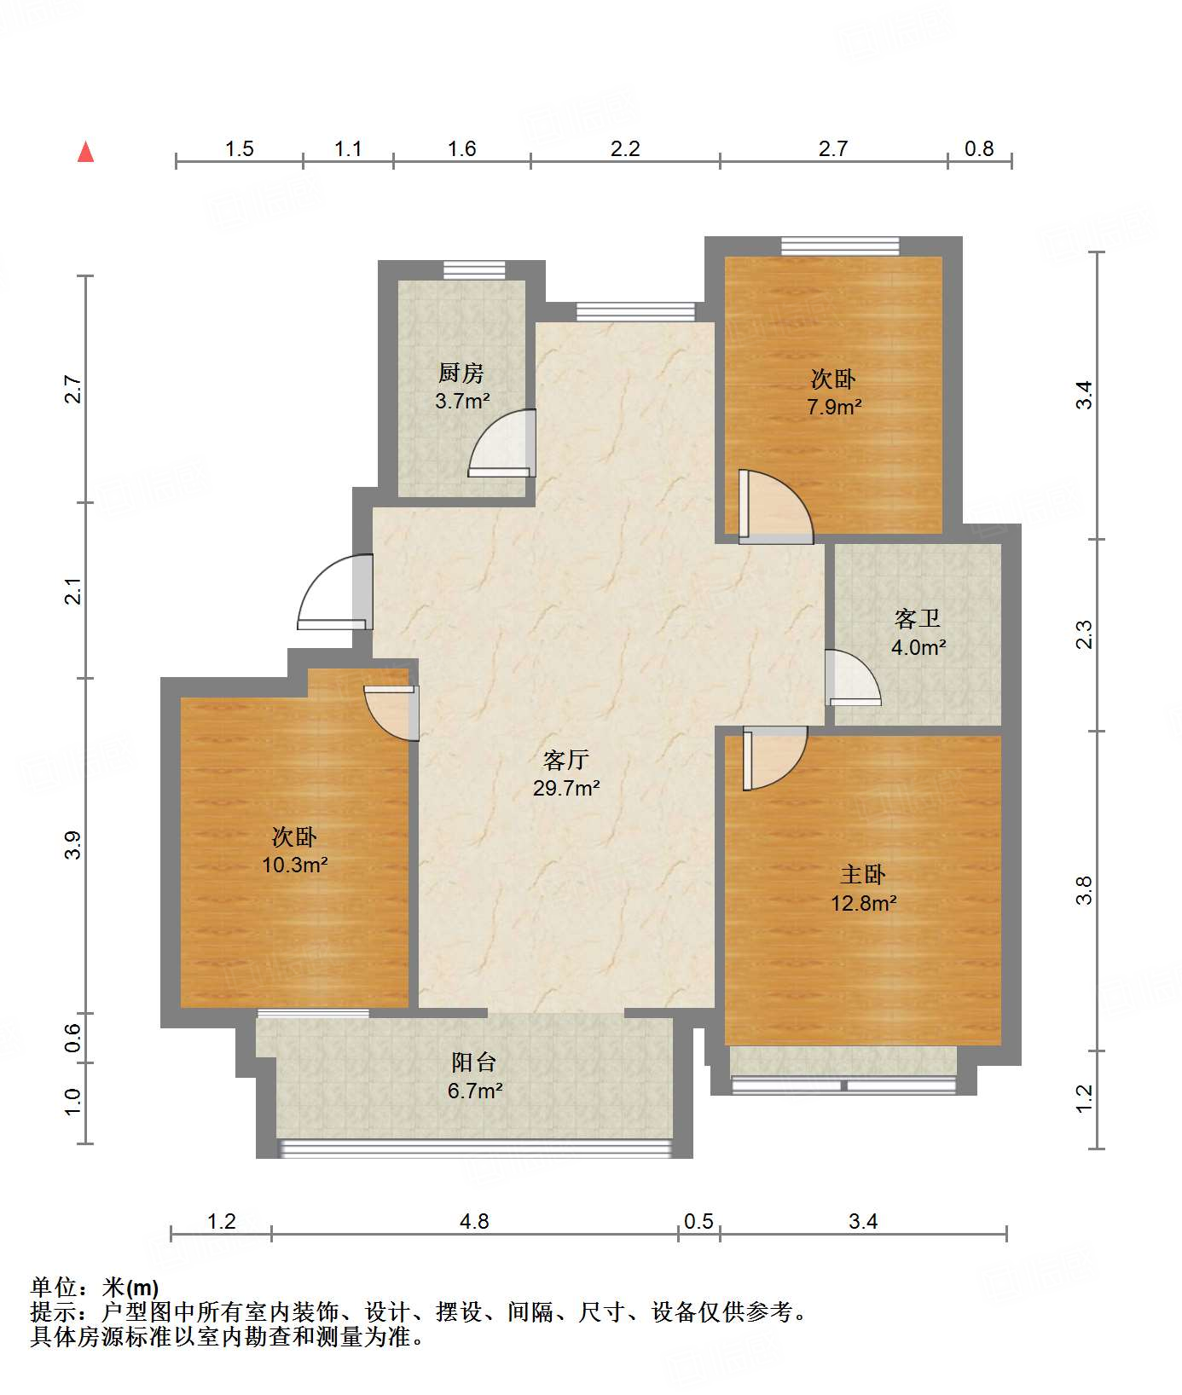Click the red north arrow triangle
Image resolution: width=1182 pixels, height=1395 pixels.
coord(85,152)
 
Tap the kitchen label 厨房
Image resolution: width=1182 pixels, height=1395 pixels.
coord(461,373)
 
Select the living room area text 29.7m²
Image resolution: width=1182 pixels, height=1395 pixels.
coord(566,788)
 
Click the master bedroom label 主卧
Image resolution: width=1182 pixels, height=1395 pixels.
coord(863,874)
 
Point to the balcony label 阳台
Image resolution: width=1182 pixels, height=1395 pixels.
coord(474,1062)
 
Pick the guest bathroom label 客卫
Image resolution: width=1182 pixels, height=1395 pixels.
coord(918,618)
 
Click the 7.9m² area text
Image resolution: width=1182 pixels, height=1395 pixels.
coord(834,407)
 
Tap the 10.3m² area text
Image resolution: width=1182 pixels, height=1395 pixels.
coord(295,865)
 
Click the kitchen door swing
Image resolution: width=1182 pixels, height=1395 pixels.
coord(502,443)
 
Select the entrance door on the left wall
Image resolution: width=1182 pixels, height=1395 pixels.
coord(335,592)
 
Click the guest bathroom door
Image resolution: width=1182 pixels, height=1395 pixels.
coord(853,678)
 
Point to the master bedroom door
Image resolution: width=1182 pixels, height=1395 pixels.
coord(775,758)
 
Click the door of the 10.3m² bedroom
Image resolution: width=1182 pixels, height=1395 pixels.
coord(391,713)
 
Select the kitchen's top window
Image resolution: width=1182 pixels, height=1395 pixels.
coord(473,269)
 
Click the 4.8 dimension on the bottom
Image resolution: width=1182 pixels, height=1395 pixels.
coord(474,1222)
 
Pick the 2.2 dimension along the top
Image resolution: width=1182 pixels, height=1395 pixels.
coord(625,149)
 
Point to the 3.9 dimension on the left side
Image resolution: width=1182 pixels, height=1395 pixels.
coord(73,845)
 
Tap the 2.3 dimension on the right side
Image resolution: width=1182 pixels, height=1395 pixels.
coord(1083,634)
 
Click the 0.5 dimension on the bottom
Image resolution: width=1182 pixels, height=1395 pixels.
coord(698,1222)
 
